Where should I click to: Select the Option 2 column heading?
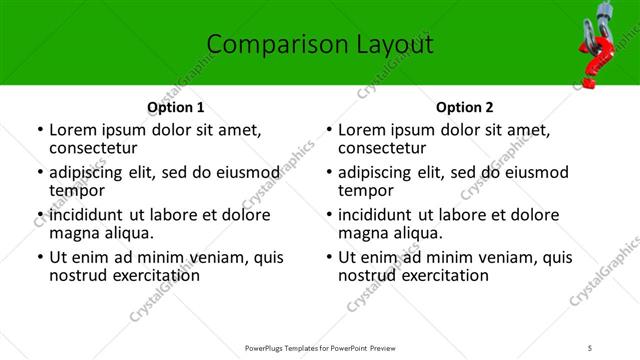(x=464, y=107)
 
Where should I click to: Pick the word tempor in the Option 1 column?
(x=75, y=191)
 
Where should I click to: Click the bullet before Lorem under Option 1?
(x=39, y=130)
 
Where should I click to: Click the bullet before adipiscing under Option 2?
(x=328, y=172)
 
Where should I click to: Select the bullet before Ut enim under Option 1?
(x=39, y=257)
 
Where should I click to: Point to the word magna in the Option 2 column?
(x=361, y=233)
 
